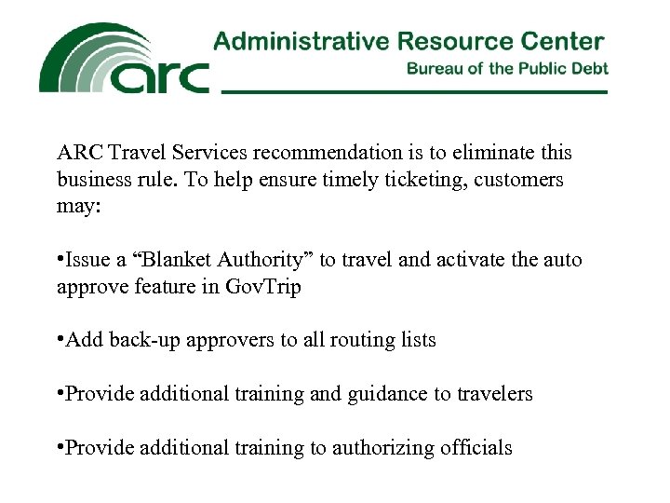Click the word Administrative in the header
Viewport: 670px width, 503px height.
point(300,41)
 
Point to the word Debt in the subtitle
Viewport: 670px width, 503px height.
point(590,69)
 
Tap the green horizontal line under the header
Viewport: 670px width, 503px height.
point(414,91)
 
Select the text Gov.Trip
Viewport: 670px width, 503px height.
point(263,287)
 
